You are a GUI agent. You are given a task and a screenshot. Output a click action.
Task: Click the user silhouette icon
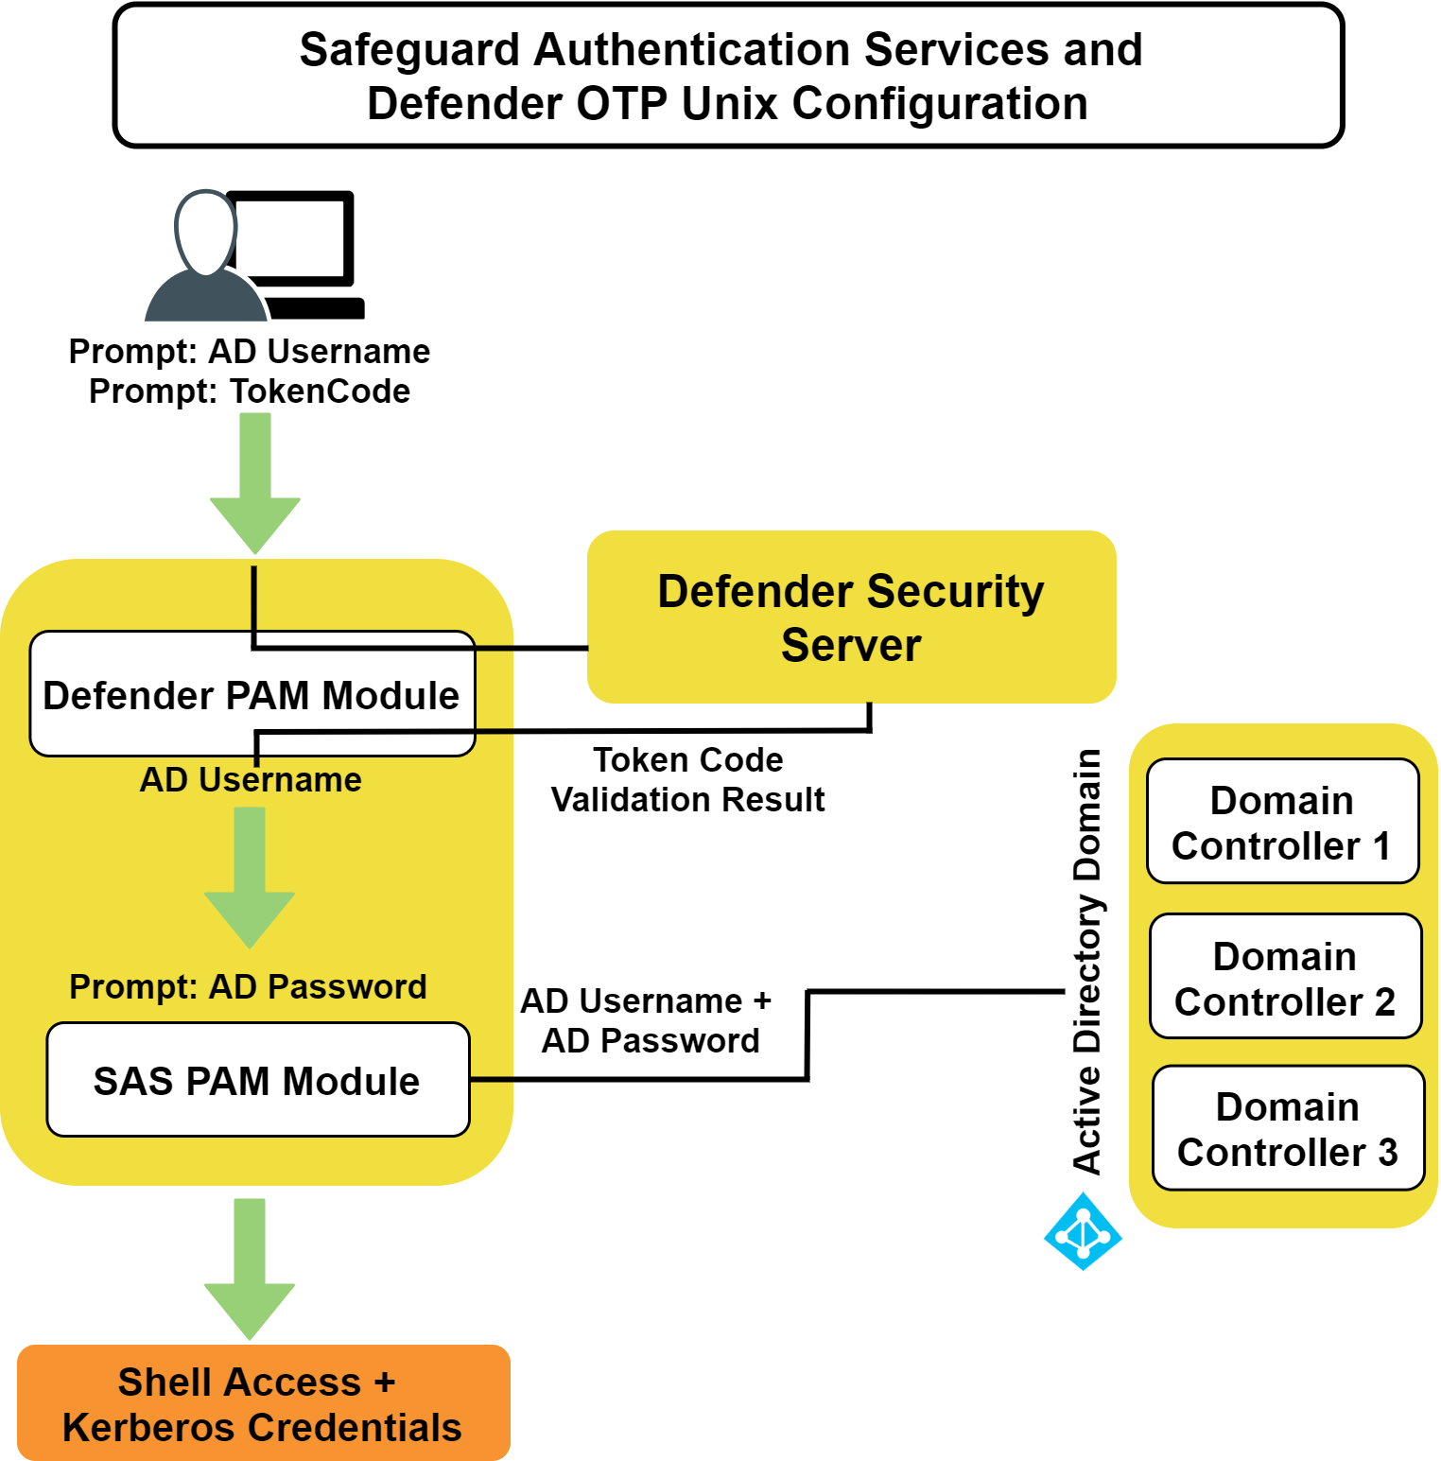pos(206,260)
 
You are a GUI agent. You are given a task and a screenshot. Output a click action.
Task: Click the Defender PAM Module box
pos(252,694)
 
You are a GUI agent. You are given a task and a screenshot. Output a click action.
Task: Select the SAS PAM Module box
pos(257,1080)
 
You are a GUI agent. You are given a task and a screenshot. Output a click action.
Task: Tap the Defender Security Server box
pos(851,617)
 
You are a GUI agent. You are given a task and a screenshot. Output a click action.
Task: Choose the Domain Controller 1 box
pos(1282,822)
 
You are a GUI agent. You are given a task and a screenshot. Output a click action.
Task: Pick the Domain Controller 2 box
pos(1285,977)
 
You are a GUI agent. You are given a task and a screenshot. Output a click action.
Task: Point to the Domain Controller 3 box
pos(1288,1128)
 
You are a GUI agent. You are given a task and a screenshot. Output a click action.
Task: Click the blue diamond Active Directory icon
pos(1083,1231)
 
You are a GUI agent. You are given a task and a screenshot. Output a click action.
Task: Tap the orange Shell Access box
pos(263,1403)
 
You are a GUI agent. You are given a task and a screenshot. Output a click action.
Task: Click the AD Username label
pos(251,780)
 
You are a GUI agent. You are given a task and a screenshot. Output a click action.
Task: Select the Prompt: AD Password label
pos(248,986)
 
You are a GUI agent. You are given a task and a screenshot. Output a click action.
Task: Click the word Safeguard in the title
pos(408,50)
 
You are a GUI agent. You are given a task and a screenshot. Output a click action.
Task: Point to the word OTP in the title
pos(623,104)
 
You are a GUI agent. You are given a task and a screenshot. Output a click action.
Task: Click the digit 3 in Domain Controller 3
pos(1387,1153)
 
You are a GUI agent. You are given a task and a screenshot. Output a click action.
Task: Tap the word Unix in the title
pos(731,104)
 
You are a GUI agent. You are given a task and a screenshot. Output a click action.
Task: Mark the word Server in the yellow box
pos(851,645)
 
